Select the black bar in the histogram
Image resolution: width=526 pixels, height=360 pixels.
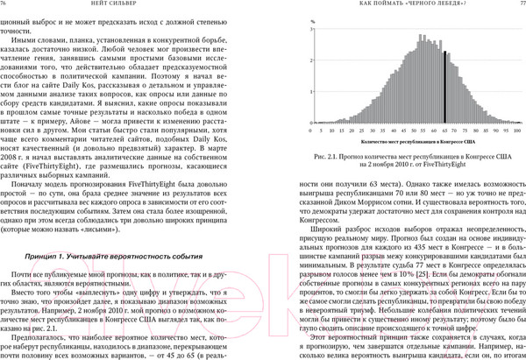[445, 88]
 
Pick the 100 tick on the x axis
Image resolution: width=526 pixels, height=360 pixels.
[518, 131]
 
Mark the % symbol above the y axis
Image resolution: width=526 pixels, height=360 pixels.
[314, 19]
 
